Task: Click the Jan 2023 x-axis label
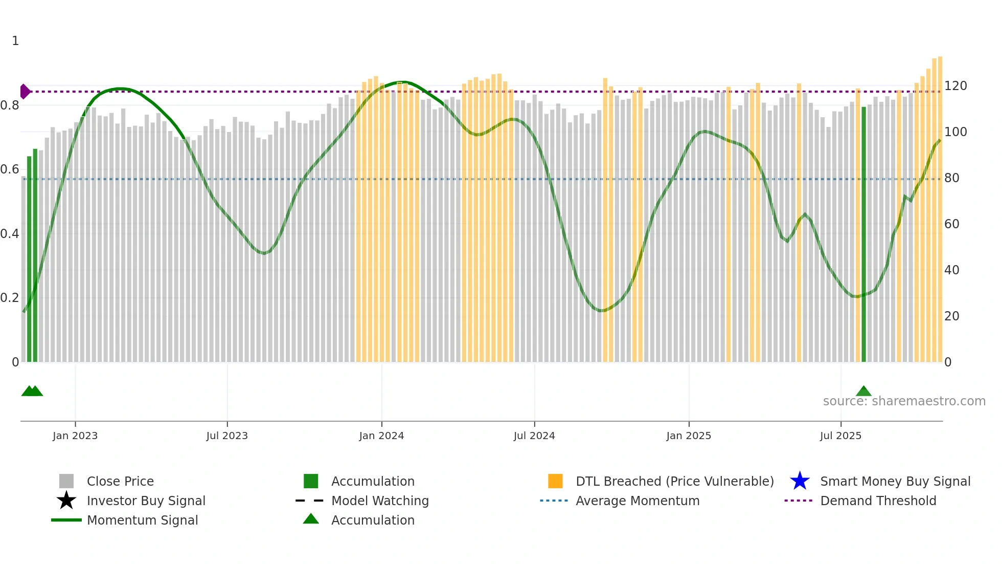coord(75,436)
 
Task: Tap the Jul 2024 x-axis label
coord(534,436)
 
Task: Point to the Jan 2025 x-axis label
coord(688,436)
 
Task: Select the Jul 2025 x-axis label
coord(840,436)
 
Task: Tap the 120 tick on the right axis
coord(955,86)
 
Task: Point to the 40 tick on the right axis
coord(951,270)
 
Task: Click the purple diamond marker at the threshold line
coord(25,92)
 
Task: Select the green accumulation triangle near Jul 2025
coord(863,392)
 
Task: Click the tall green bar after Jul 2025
coord(863,235)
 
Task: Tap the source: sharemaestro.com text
coord(904,401)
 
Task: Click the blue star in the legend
coord(800,481)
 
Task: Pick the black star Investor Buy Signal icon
coord(66,501)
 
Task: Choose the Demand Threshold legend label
coord(878,501)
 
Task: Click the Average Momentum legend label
coord(637,501)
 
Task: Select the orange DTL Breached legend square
coord(555,481)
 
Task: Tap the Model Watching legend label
coord(380,501)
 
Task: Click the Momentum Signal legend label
coord(142,520)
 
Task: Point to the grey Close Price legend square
coord(66,481)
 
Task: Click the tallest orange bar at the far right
coord(940,210)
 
